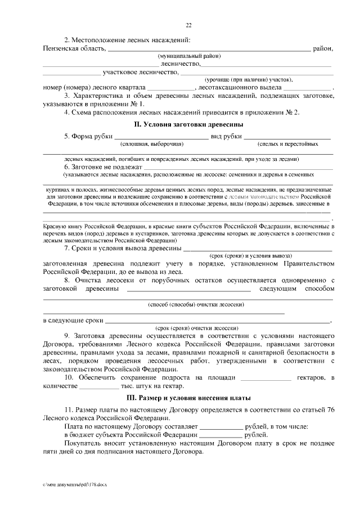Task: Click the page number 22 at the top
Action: click(x=188, y=24)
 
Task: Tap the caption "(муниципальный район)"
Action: click(x=188, y=57)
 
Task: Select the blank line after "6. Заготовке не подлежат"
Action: click(x=238, y=168)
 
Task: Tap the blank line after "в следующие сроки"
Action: click(x=218, y=321)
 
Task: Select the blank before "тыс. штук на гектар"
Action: click(x=99, y=388)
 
